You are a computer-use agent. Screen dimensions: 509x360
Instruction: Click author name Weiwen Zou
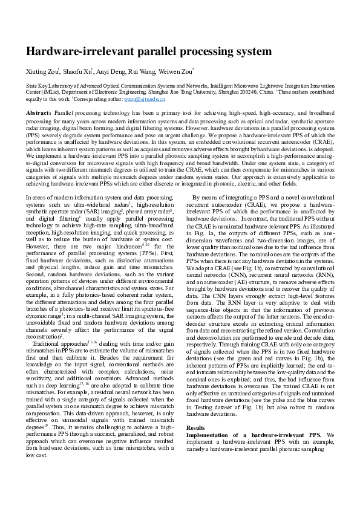pos(175,72)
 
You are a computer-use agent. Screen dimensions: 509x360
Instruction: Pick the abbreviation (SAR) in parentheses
pos(102,211)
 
